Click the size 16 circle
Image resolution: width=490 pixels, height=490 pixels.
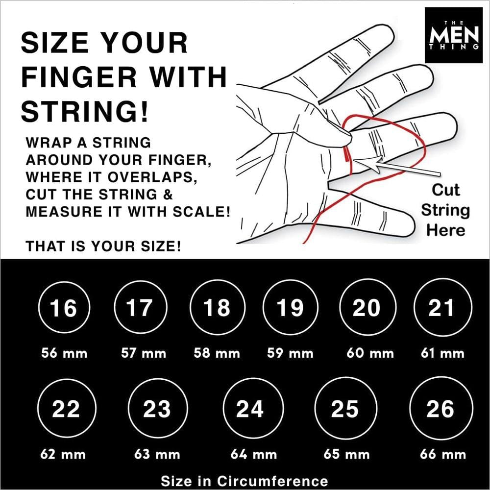click(64, 308)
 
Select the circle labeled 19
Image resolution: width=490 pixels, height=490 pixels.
click(290, 308)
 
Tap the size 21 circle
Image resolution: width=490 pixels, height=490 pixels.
click(441, 308)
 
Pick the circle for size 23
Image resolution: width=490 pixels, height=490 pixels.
click(157, 409)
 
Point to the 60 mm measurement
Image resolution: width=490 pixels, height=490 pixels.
click(369, 353)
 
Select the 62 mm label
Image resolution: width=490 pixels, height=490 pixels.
click(63, 454)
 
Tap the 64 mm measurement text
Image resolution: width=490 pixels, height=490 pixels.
click(253, 454)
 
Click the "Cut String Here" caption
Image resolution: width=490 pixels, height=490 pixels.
click(445, 210)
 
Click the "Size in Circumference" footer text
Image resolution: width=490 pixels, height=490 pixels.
click(244, 480)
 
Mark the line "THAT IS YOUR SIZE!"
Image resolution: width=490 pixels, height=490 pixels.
click(103, 246)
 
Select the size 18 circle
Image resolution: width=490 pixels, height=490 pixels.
click(216, 308)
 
